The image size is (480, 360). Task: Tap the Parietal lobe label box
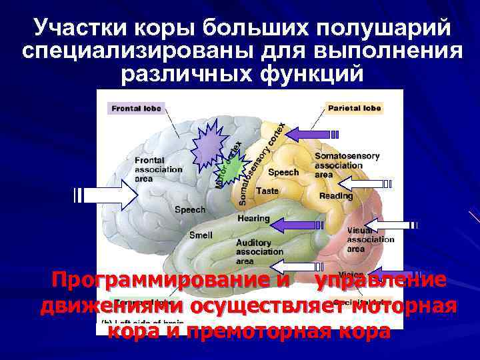tap(353, 108)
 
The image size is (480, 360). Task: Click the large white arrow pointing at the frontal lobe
tap(107, 195)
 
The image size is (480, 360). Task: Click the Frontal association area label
tap(157, 169)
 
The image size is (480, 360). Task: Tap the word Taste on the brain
tap(267, 191)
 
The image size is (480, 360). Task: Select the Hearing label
tap(253, 219)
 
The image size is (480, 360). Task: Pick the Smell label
tap(201, 235)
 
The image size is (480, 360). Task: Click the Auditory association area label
tap(259, 252)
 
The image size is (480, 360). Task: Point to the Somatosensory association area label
tap(347, 165)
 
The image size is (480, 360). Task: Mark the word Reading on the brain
tap(336, 196)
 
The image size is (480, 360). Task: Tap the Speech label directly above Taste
tap(283, 172)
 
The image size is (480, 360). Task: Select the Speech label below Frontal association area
tap(190, 209)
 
